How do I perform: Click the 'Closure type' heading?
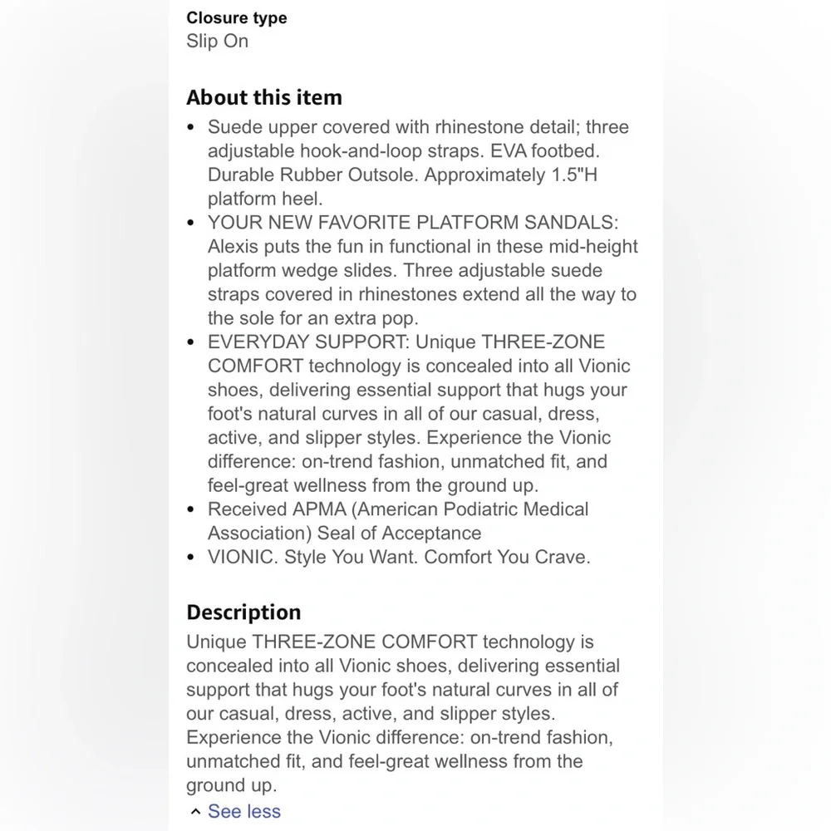click(x=237, y=17)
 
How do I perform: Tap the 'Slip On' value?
click(x=217, y=41)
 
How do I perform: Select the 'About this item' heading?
click(x=263, y=97)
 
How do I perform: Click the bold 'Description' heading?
click(x=243, y=612)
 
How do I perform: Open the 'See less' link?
click(x=243, y=811)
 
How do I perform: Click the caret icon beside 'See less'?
click(x=194, y=812)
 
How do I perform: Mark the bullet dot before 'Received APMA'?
click(x=192, y=509)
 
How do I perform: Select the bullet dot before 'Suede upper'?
click(x=192, y=128)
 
